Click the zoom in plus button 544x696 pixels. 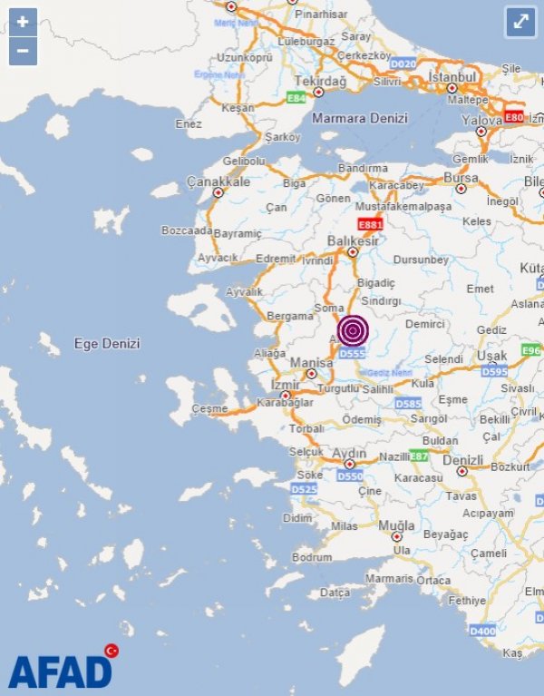[23, 21]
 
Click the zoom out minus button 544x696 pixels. [23, 51]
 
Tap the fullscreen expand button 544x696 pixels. [521, 22]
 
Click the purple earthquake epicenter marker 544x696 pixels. [353, 330]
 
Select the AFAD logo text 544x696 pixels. [60, 672]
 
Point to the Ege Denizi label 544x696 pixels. [107, 344]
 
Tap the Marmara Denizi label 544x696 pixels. [360, 118]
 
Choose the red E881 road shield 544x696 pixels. [370, 224]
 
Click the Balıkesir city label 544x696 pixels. [353, 240]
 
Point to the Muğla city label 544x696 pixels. [397, 525]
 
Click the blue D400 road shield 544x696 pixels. [483, 631]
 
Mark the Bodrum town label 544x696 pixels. [312, 556]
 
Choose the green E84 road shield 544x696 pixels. [296, 98]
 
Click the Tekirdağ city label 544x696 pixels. [317, 81]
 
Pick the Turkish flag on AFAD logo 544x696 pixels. [112, 651]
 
